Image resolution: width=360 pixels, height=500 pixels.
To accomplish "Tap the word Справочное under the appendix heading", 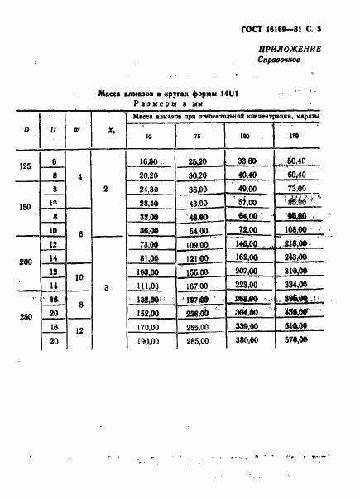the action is pyautogui.click(x=281, y=61).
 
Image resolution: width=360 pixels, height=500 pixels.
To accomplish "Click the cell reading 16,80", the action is pyautogui.click(x=149, y=161).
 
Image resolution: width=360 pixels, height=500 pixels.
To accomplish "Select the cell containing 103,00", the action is pyautogui.click(x=149, y=271).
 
